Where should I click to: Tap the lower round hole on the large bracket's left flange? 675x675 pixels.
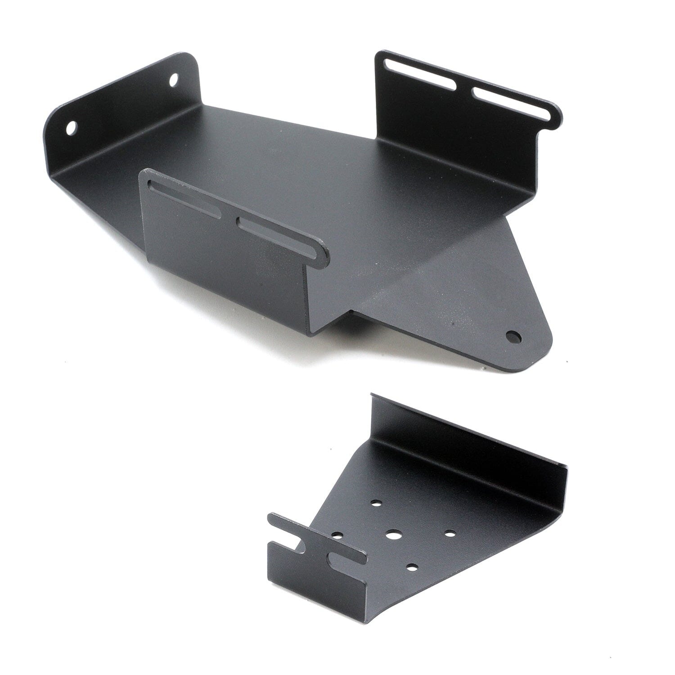click(71, 127)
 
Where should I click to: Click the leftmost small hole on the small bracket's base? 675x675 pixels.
click(337, 535)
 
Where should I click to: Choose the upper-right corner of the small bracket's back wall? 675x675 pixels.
click(565, 470)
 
